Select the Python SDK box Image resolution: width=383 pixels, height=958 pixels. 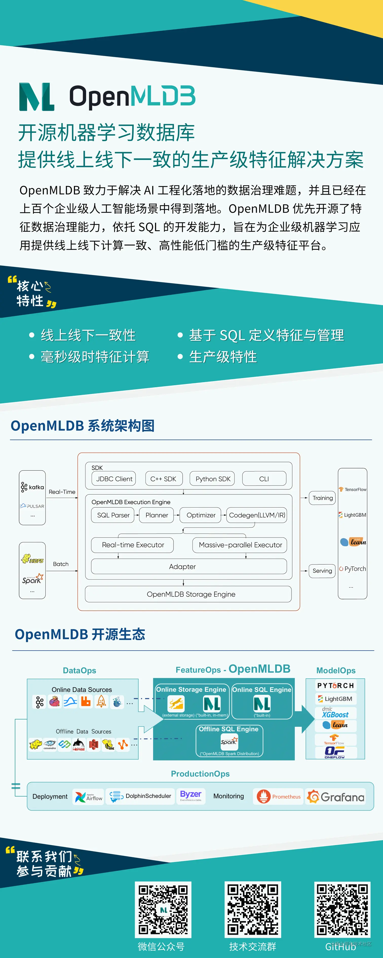click(213, 479)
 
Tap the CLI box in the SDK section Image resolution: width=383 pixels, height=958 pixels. click(264, 479)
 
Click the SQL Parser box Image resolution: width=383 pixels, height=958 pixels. click(113, 515)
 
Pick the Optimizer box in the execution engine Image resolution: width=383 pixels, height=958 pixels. click(201, 515)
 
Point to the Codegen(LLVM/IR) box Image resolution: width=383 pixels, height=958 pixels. click(257, 515)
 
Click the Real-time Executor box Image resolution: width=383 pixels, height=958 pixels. click(133, 545)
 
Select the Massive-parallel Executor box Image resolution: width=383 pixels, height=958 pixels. click(240, 545)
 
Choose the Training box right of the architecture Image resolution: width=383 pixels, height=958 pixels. click(322, 498)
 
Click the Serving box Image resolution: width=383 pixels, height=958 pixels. click(322, 570)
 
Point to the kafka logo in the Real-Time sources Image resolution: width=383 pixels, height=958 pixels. click(32, 487)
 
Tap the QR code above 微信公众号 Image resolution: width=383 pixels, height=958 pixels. click(163, 910)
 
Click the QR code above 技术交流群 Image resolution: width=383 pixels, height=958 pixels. click(253, 910)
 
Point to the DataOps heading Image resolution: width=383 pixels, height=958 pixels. click(79, 670)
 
